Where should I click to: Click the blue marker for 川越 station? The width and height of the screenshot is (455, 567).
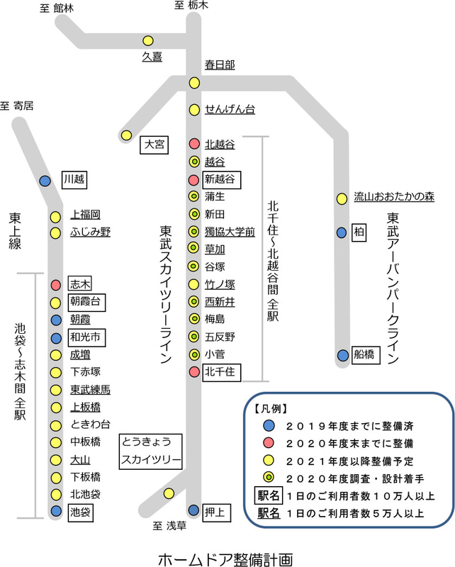click(x=45, y=181)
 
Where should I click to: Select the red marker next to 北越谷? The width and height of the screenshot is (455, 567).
click(x=194, y=144)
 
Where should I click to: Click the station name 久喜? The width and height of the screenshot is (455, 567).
click(x=152, y=57)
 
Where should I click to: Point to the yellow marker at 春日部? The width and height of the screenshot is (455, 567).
click(x=194, y=83)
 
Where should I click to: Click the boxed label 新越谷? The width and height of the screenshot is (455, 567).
click(x=222, y=179)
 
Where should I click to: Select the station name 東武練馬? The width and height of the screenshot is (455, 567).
click(x=90, y=390)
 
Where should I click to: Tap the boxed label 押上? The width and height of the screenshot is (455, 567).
click(x=218, y=510)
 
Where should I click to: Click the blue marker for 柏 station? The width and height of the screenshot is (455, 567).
click(x=342, y=232)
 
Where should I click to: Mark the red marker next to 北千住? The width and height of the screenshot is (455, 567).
click(x=194, y=371)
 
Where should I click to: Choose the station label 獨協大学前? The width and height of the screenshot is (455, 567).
click(x=230, y=231)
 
